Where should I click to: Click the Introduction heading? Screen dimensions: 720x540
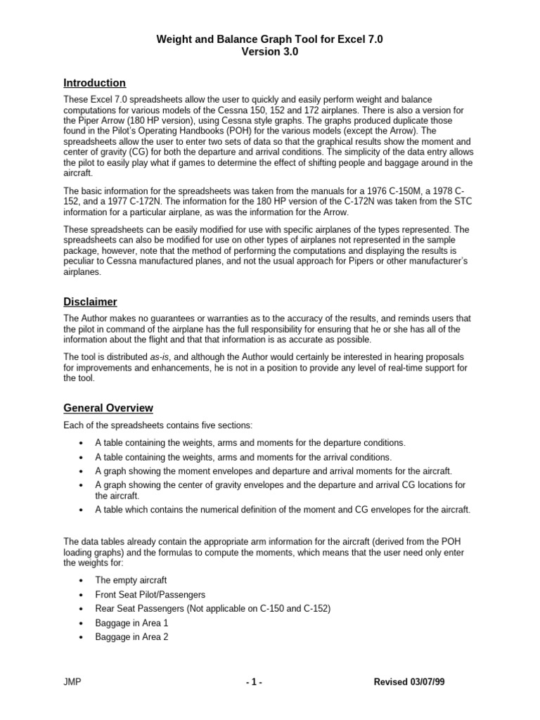(94, 83)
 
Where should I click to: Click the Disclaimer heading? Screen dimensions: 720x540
(90, 302)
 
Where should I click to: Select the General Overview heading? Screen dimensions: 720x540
(108, 408)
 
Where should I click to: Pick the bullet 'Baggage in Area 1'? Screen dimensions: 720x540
(131, 623)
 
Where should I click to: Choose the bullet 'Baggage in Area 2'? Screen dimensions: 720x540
(131, 637)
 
